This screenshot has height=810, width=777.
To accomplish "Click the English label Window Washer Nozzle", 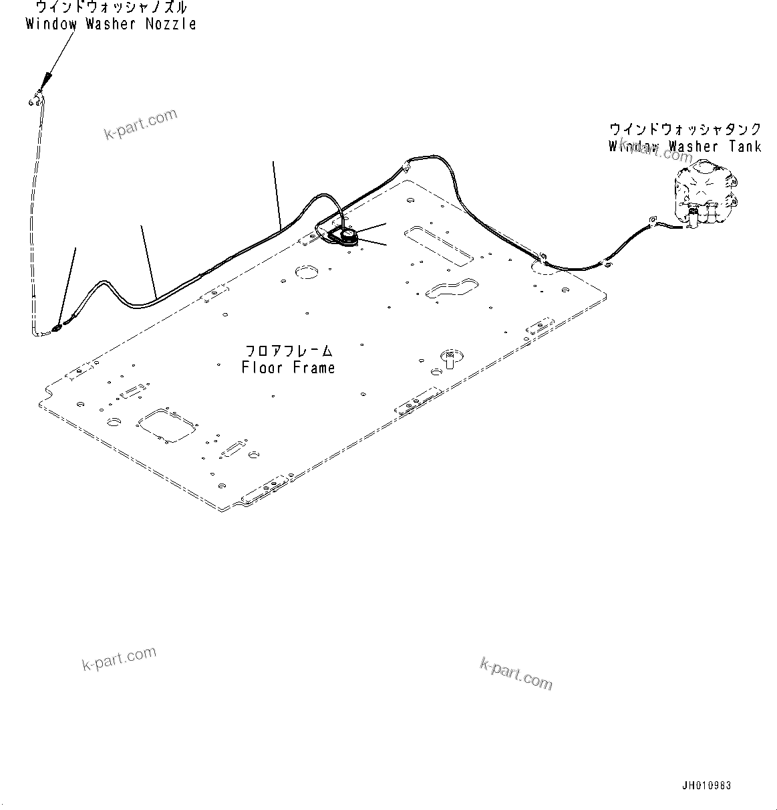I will coord(111,24).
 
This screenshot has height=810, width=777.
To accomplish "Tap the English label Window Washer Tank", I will coord(685,146).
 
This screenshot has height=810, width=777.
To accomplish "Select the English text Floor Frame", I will coord(289,367).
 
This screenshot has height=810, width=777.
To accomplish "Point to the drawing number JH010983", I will coord(706,786).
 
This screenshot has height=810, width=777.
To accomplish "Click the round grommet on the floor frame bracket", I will coord(347,235).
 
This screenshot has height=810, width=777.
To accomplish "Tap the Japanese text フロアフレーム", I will coord(289,350).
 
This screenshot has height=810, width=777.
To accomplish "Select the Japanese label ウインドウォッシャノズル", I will coord(111,8).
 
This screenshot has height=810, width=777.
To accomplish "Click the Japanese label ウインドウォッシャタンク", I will coord(685,129).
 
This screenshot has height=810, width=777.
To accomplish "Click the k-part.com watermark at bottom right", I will coord(516,672).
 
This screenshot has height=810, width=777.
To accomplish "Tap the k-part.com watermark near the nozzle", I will coord(141,124).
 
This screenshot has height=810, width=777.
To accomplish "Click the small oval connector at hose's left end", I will coord(56,328).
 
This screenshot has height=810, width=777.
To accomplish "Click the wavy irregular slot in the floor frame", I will coord(451,288).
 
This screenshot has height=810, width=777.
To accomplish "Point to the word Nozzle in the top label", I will coord(172,24).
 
